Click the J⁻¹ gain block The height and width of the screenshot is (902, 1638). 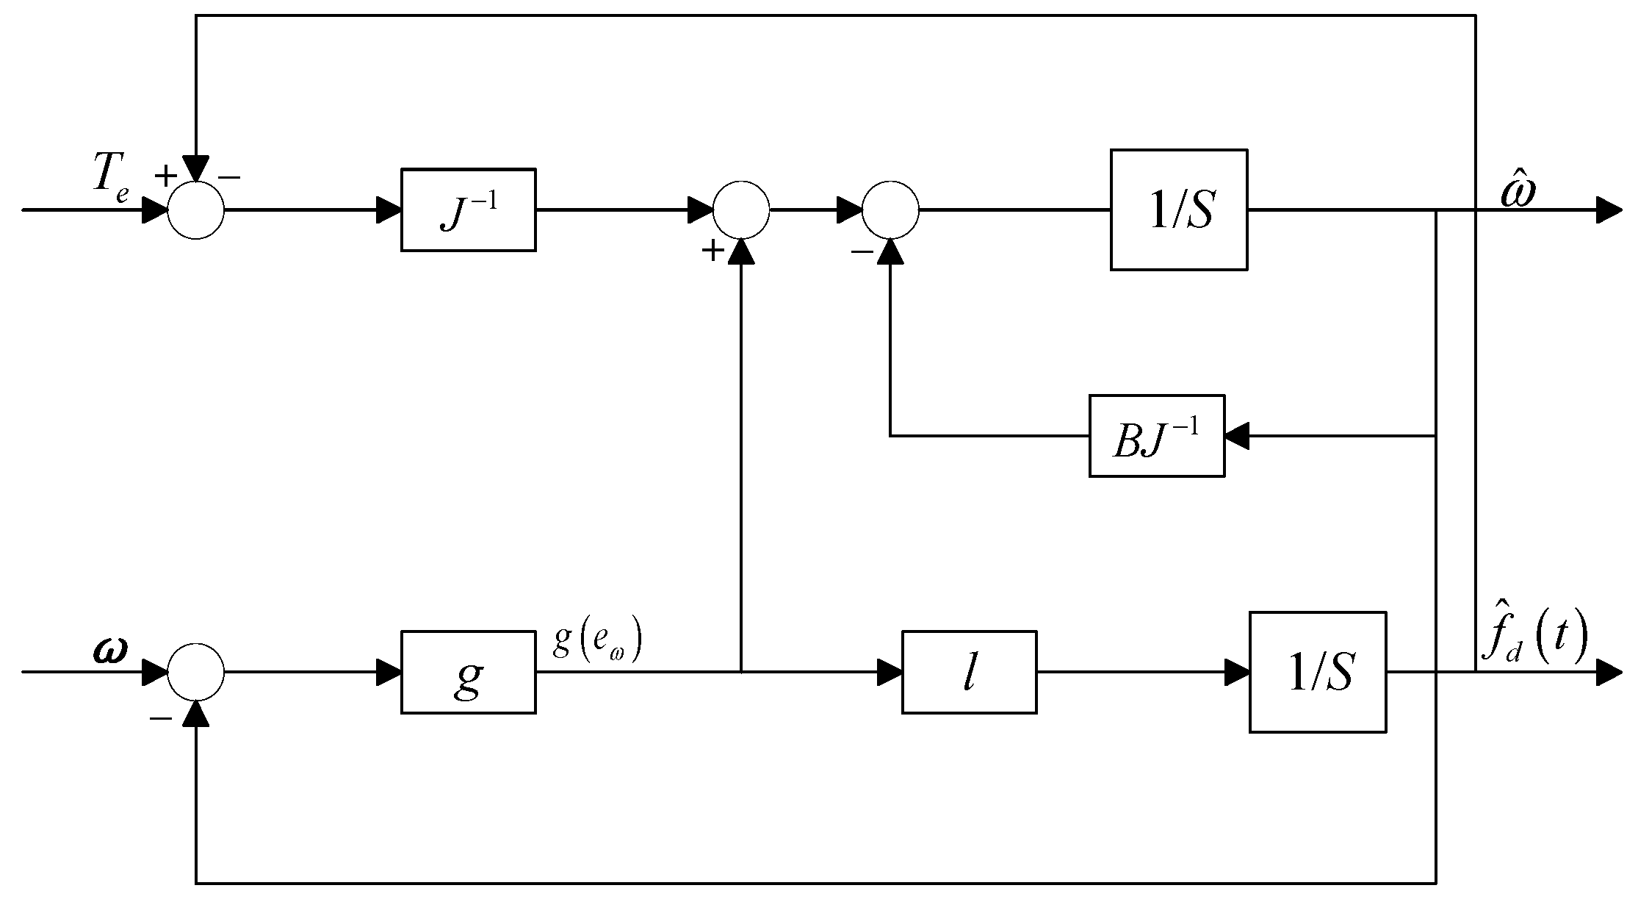coord(468,210)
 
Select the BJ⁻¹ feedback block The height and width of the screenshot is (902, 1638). coord(1156,437)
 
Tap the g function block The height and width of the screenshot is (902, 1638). coord(468,672)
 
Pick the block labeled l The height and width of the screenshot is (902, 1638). coord(969,672)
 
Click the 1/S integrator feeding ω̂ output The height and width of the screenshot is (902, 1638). coord(1178,210)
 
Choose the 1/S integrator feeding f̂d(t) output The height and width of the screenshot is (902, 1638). coord(1317,672)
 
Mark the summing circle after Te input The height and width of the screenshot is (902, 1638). coord(196,210)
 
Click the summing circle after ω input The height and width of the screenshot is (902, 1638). coord(196,672)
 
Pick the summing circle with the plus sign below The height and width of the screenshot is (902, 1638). coord(741,210)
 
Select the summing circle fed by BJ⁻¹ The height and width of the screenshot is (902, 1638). coord(890,210)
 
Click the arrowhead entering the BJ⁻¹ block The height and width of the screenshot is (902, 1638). coord(1236,437)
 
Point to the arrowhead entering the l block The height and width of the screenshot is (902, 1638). coord(890,672)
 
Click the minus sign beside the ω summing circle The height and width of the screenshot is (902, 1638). coord(160,717)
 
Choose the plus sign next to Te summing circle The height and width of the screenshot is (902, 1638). coord(166,176)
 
